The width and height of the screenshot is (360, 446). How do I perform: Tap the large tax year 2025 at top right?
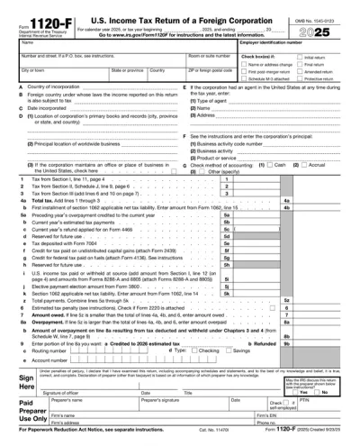[x=330, y=26]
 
